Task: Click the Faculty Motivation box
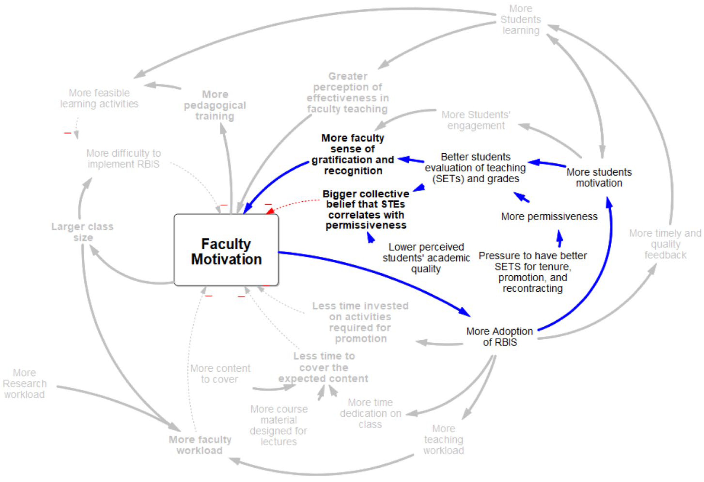(226, 250)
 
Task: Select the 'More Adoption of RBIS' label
(500, 336)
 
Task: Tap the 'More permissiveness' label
(549, 216)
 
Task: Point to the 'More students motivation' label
(599, 177)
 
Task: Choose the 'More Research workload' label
(25, 383)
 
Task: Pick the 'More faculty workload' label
(200, 445)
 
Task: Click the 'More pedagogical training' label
(215, 105)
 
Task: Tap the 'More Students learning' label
(520, 19)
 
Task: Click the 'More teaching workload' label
(444, 439)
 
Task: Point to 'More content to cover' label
(220, 374)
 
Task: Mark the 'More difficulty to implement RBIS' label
(124, 158)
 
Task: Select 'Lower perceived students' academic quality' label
(426, 258)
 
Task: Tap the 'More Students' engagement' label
(476, 120)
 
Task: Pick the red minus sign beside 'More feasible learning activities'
(67, 133)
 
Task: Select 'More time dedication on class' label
(370, 413)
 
